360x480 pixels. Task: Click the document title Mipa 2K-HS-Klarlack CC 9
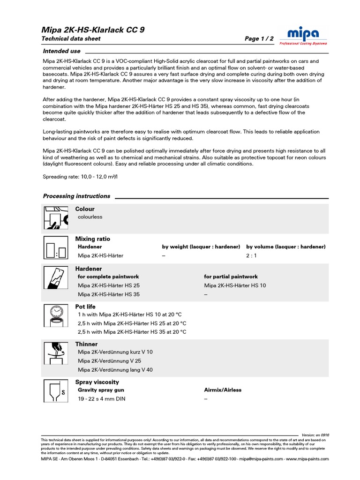coord(93,30)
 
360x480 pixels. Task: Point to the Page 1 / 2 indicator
coord(259,39)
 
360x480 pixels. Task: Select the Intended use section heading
coord(61,51)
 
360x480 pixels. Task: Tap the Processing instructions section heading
coord(76,196)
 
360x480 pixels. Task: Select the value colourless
coord(90,217)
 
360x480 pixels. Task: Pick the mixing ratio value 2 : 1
coord(252,256)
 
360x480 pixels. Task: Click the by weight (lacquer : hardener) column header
coord(201,247)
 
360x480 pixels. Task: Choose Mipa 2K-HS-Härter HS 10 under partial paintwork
coord(235,285)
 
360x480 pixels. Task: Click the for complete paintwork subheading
coord(108,277)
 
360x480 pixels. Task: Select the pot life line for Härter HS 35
coord(132,332)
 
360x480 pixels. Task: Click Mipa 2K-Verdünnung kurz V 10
coord(115,352)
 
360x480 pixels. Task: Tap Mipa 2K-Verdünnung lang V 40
coord(115,370)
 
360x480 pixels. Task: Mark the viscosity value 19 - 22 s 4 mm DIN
coord(102,399)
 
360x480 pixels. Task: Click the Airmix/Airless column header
coord(223,390)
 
